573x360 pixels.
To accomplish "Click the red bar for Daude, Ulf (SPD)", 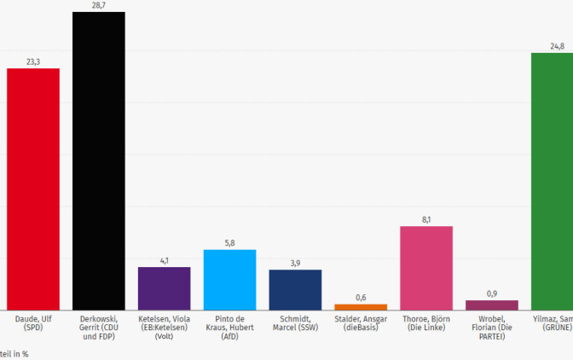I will click(x=33, y=189).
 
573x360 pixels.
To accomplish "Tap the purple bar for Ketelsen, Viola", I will click(x=164, y=288).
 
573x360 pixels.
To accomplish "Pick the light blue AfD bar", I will click(x=229, y=280).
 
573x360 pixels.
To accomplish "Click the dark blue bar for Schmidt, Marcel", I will click(x=295, y=289).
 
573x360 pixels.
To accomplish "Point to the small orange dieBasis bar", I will click(x=361, y=306).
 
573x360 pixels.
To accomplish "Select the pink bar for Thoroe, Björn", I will click(x=426, y=268).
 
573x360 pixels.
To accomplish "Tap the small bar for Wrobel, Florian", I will click(x=492, y=305).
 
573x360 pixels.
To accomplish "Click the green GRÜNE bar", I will click(x=552, y=181).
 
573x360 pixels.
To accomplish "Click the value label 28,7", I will click(x=98, y=5).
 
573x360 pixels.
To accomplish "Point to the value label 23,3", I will click(x=33, y=61).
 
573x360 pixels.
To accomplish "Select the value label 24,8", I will click(x=556, y=46).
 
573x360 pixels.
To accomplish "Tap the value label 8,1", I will click(x=426, y=219).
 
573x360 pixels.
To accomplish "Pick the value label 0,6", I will click(x=361, y=297).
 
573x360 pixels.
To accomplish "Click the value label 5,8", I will click(x=229, y=243).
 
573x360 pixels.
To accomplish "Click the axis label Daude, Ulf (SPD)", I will click(x=33, y=322).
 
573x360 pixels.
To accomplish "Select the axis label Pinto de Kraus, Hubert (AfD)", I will click(x=229, y=327).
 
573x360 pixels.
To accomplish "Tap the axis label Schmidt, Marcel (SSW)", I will click(x=295, y=322).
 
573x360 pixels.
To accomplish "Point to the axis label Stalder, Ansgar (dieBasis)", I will click(x=361, y=322).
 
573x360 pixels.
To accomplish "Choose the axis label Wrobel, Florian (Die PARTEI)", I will click(x=492, y=327).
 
